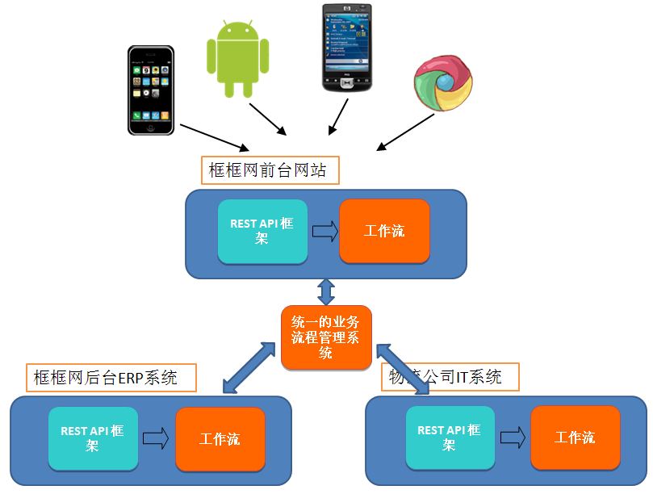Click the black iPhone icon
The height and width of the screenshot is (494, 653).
click(151, 90)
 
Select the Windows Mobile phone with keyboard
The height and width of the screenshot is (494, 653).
click(349, 48)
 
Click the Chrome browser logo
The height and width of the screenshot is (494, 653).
click(443, 83)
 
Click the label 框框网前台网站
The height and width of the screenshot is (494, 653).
click(269, 170)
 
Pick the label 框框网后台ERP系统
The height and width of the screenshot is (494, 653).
click(112, 377)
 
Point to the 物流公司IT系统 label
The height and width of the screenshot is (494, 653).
click(450, 377)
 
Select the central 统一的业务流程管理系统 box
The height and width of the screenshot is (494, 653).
click(326, 338)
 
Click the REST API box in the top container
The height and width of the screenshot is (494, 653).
click(262, 232)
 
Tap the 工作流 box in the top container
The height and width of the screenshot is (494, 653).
click(384, 232)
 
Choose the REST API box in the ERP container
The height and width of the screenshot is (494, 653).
click(93, 438)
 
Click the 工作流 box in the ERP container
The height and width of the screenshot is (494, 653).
click(220, 439)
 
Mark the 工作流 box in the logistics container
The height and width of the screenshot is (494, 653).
click(576, 437)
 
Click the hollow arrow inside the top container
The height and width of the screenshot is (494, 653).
click(324, 232)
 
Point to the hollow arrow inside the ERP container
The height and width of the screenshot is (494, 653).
click(156, 439)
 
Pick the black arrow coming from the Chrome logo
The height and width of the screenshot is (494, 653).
click(406, 132)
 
